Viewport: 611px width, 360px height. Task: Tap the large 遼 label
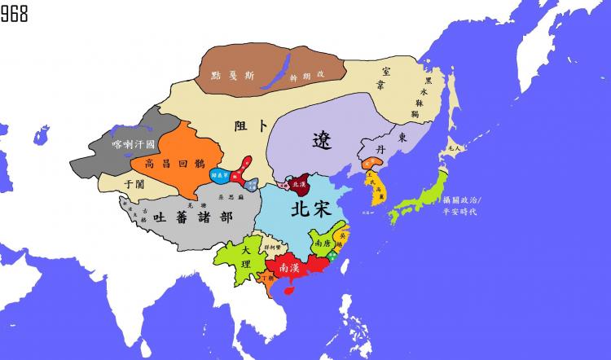coord(323,140)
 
